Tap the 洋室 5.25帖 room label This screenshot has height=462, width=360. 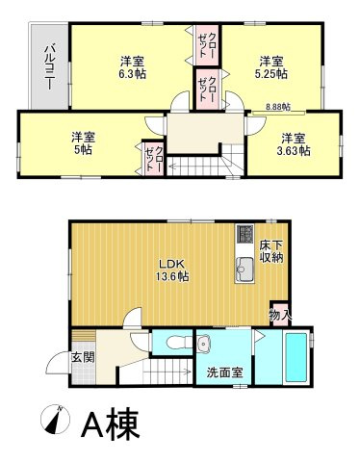(x=270, y=64)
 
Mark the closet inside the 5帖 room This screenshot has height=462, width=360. (x=153, y=157)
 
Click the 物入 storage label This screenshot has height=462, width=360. (x=279, y=315)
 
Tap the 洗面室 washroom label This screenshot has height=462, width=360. (x=223, y=372)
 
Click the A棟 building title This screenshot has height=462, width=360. (x=113, y=423)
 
